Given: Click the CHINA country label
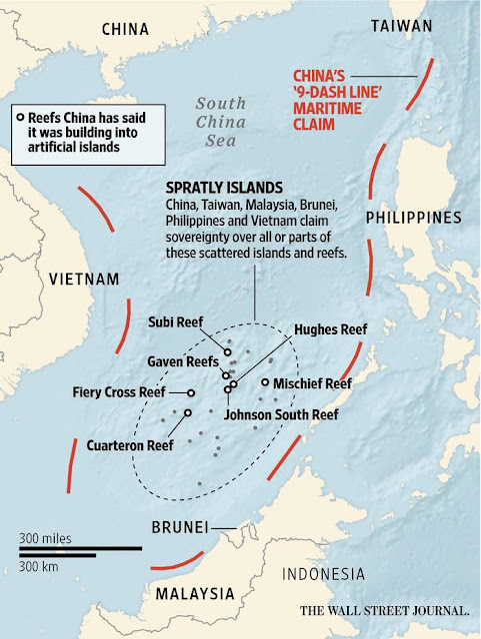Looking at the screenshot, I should click(125, 30).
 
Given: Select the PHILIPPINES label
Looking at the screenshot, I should click(413, 217).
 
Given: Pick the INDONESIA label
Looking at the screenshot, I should click(322, 573).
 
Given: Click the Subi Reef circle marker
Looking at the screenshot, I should click(228, 352).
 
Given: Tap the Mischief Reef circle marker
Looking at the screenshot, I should click(264, 382).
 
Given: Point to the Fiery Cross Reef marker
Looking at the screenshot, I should click(191, 393).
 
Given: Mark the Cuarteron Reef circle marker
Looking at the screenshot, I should click(187, 411).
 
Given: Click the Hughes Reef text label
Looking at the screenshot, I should click(330, 328).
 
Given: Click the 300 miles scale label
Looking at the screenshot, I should click(46, 538).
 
